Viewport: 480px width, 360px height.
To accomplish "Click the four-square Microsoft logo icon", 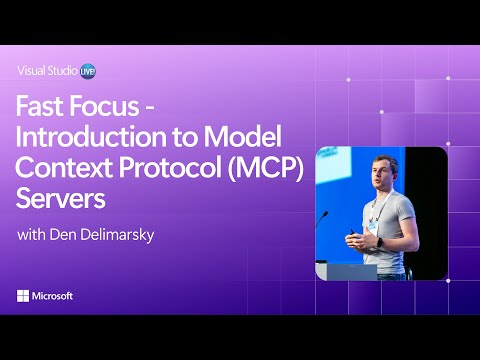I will pyautogui.click(x=25, y=297).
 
